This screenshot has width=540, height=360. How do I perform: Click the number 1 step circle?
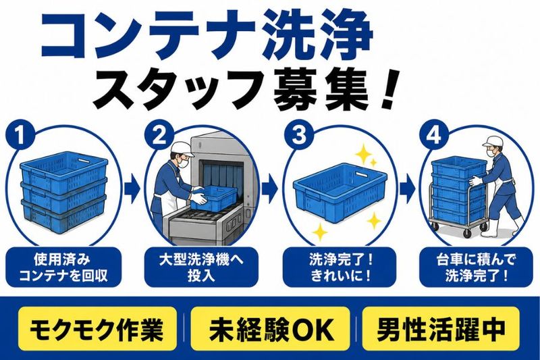click(20, 134)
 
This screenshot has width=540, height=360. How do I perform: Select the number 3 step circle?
click(298, 134)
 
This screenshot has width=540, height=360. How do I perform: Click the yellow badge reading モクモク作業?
click(97, 330)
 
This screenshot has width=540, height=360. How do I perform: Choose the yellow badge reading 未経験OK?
click(271, 330)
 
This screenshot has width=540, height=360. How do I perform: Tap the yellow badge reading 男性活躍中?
click(441, 330)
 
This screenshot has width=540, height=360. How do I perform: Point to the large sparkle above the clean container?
click(363, 155)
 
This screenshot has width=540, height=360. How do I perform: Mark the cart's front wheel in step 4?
click(467, 233)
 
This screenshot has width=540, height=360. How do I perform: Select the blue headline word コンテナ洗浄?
click(207, 36)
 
